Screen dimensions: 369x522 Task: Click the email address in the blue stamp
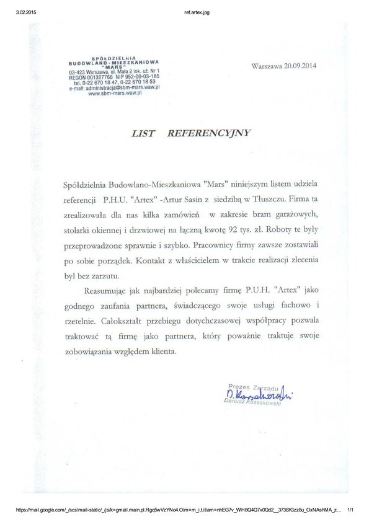point(115,89)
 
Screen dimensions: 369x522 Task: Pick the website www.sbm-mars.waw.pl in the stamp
point(117,94)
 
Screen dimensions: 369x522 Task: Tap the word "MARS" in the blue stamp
point(117,68)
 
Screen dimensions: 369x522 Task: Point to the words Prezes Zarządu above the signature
point(252,385)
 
